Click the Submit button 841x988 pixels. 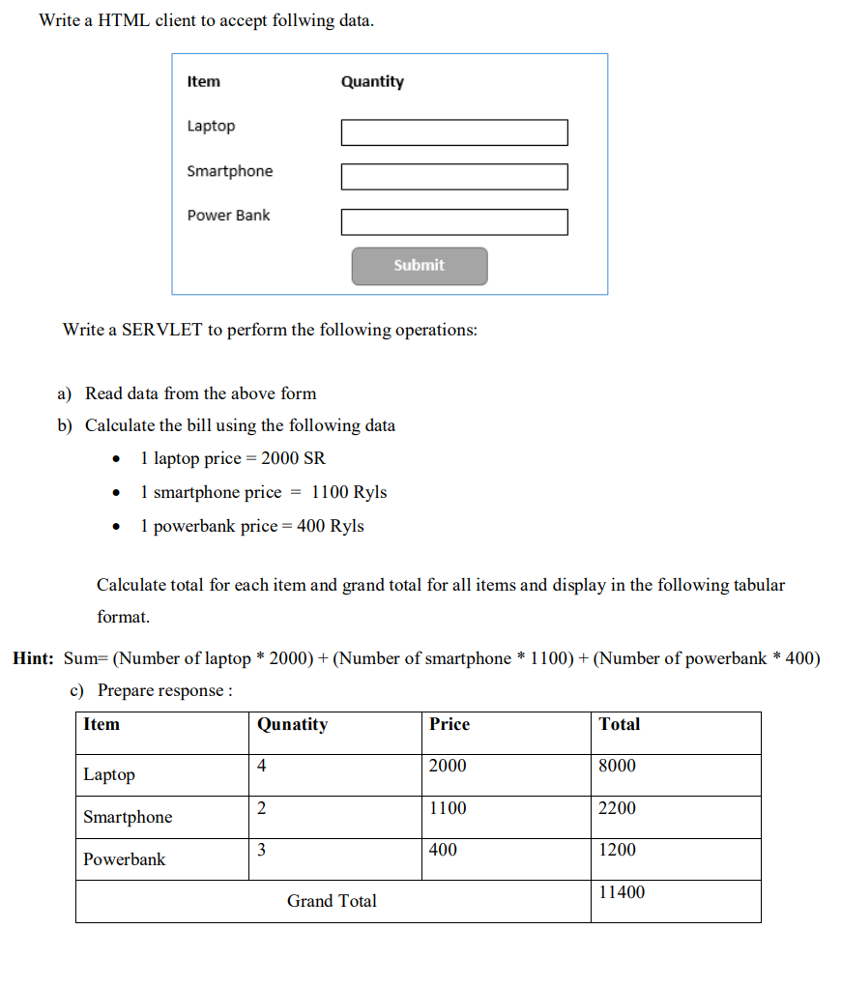click(x=420, y=266)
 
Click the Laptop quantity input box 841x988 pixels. click(x=454, y=132)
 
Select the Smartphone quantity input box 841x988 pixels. click(x=454, y=177)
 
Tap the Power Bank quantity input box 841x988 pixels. click(x=454, y=222)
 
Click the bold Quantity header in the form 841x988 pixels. click(x=372, y=82)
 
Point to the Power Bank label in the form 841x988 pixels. click(x=228, y=216)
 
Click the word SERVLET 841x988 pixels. click(x=161, y=330)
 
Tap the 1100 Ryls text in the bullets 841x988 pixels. click(x=349, y=492)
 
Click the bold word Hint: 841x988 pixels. click(x=33, y=658)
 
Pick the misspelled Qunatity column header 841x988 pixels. click(x=292, y=724)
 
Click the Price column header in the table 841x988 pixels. click(x=449, y=724)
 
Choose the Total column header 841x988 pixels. click(x=619, y=724)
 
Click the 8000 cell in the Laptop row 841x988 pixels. click(x=618, y=766)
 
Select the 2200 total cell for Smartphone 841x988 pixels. click(x=618, y=808)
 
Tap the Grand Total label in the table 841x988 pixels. click(x=332, y=901)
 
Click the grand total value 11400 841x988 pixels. click(x=622, y=892)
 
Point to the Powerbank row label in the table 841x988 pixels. click(x=124, y=859)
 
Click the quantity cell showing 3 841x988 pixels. click(x=262, y=850)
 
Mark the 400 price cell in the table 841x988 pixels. click(x=443, y=850)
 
